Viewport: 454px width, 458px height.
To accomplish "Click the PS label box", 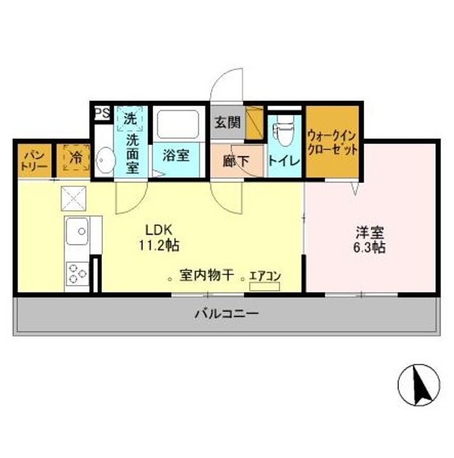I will (101, 113).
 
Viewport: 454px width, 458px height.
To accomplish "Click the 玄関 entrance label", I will (228, 121).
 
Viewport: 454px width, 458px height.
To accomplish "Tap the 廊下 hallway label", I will (237, 162).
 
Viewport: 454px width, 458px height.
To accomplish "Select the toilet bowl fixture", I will (282, 134).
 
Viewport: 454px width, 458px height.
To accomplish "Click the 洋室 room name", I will (369, 233).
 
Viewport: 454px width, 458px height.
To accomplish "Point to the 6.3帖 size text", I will (369, 248).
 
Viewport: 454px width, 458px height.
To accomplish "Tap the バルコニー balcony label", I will (226, 314).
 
